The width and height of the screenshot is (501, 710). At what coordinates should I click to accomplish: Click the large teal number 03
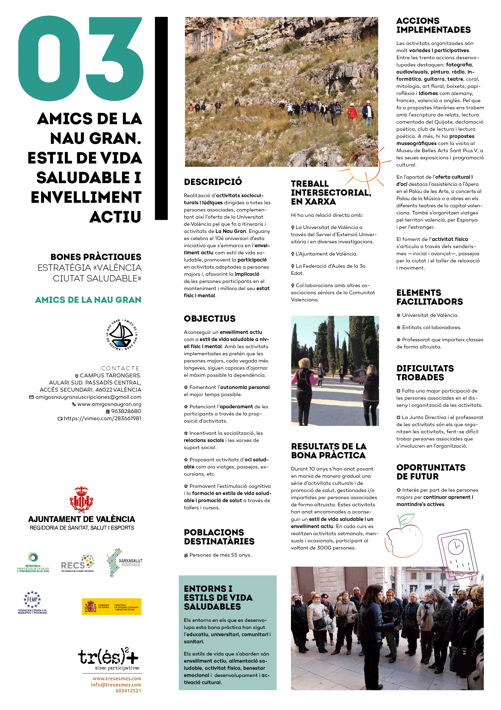click(81, 59)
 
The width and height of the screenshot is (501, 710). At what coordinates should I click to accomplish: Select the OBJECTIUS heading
click(210, 318)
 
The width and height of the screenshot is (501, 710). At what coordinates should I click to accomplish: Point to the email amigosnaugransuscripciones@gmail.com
click(88, 397)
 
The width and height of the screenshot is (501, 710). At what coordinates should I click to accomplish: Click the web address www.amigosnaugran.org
click(109, 404)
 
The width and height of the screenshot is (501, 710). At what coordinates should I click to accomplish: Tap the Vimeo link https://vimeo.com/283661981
click(103, 418)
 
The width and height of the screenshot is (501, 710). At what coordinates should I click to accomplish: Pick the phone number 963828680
click(126, 411)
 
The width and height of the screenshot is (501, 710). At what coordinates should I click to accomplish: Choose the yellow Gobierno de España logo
click(112, 606)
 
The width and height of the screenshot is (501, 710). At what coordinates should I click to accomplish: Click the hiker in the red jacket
click(352, 113)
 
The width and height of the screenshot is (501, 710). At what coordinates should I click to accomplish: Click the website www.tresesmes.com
click(117, 678)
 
